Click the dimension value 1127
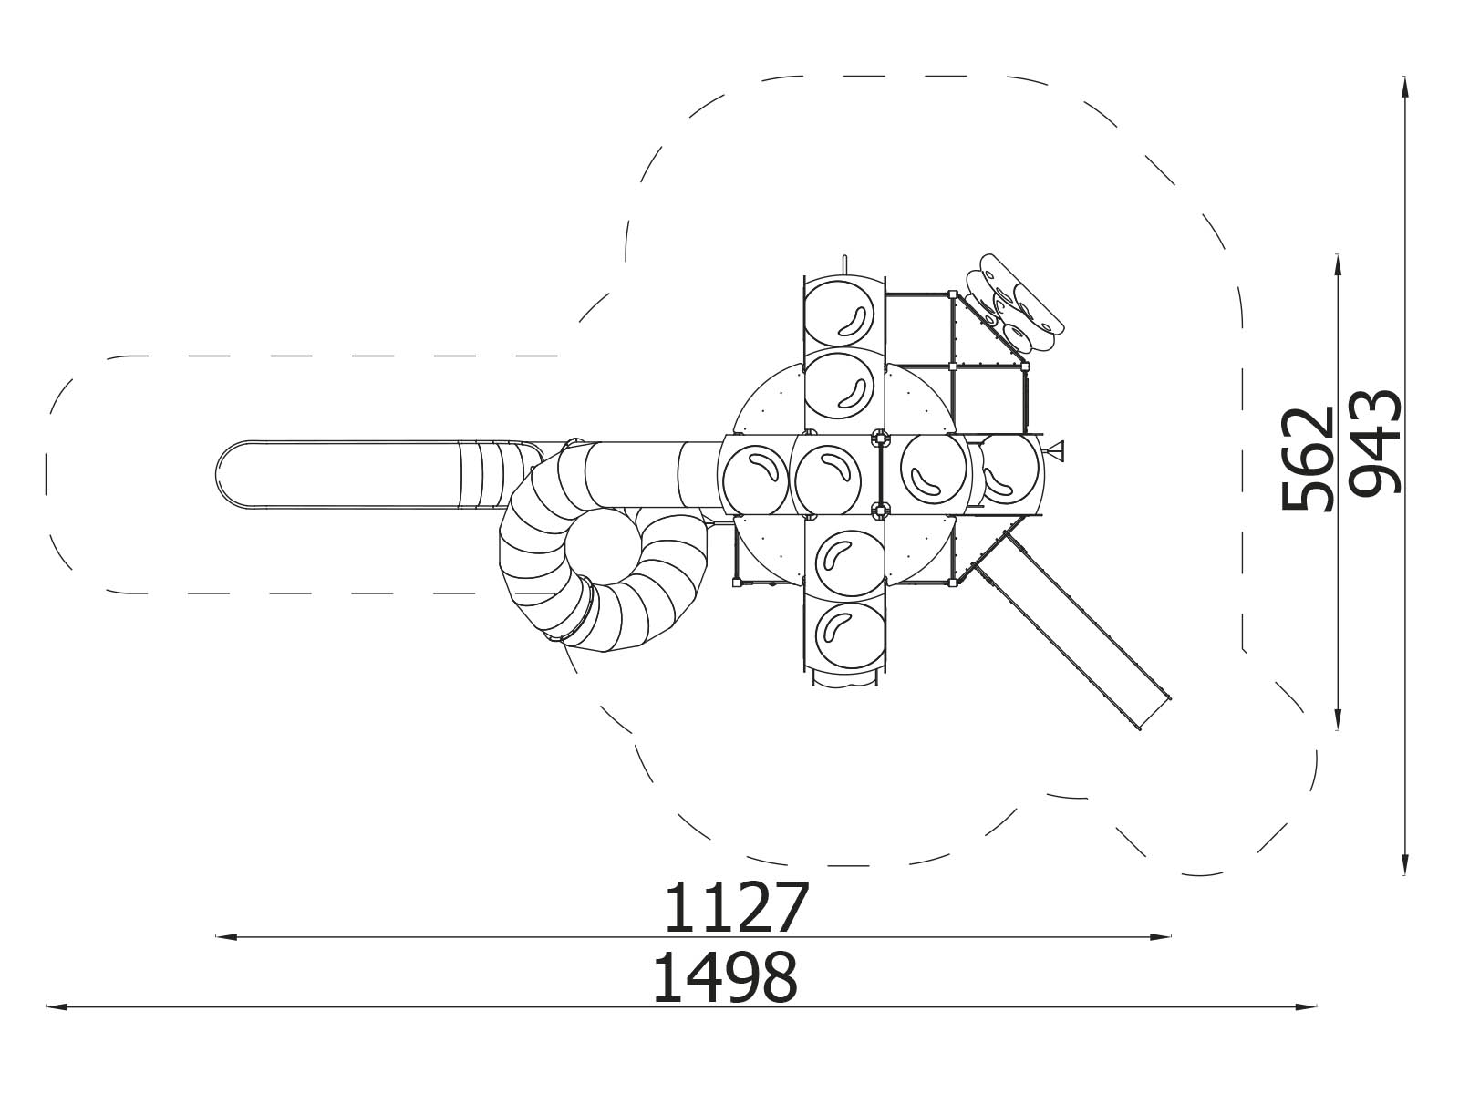pyautogui.click(x=737, y=908)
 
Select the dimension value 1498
pyautogui.click(x=726, y=977)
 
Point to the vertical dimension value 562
pyautogui.click(x=1308, y=459)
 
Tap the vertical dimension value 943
pyautogui.click(x=1377, y=442)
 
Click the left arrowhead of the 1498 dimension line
pyautogui.click(x=56, y=1007)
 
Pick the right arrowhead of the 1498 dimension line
pyautogui.click(x=1307, y=1007)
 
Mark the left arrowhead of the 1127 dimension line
pyautogui.click(x=226, y=937)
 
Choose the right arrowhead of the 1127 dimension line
pyautogui.click(x=1160, y=937)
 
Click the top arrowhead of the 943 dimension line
pyautogui.click(x=1404, y=87)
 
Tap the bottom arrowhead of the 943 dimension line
pyautogui.click(x=1404, y=864)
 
